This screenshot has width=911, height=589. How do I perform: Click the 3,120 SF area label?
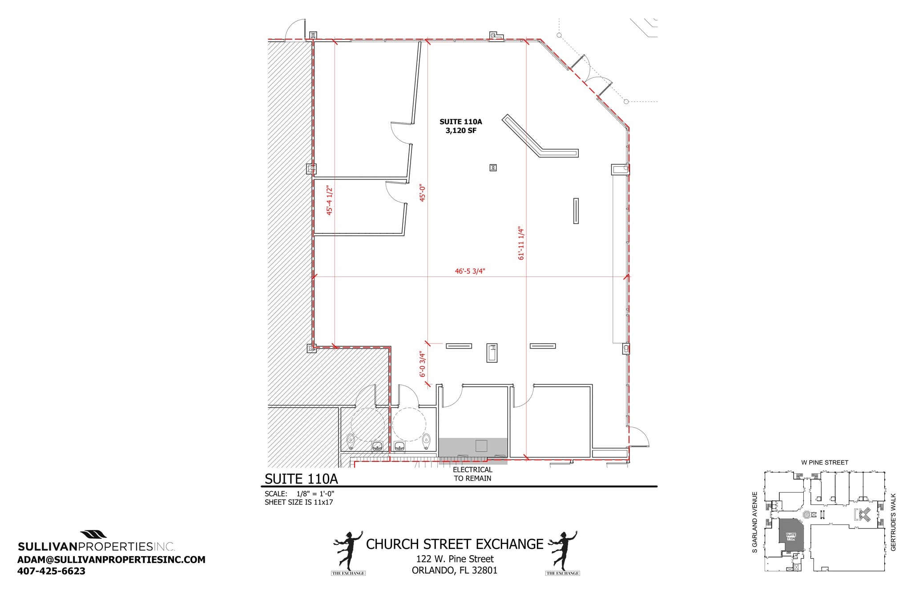[461, 131]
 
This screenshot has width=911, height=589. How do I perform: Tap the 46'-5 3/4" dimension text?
[470, 271]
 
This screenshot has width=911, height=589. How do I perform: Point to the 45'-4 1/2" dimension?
[330, 200]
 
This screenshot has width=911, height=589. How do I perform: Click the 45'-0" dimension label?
[423, 193]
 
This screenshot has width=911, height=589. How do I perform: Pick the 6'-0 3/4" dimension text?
[423, 365]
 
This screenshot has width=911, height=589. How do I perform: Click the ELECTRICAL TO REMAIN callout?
[472, 474]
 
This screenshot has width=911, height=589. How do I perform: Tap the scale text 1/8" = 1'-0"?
[315, 494]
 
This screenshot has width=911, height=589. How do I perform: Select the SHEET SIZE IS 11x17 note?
[298, 502]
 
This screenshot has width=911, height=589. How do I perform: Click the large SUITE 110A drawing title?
[301, 479]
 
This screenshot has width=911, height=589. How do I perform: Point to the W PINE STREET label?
[824, 462]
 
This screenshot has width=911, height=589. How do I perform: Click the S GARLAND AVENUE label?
[754, 522]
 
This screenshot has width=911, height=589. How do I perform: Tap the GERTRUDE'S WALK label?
[893, 522]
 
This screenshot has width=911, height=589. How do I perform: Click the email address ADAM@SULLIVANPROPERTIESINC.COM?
[111, 560]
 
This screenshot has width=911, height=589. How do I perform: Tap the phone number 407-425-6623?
[51, 571]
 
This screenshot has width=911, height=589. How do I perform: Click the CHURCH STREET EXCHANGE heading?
[455, 544]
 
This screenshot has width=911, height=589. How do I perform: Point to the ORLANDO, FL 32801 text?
[455, 570]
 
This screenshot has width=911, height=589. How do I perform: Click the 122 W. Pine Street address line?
[455, 559]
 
